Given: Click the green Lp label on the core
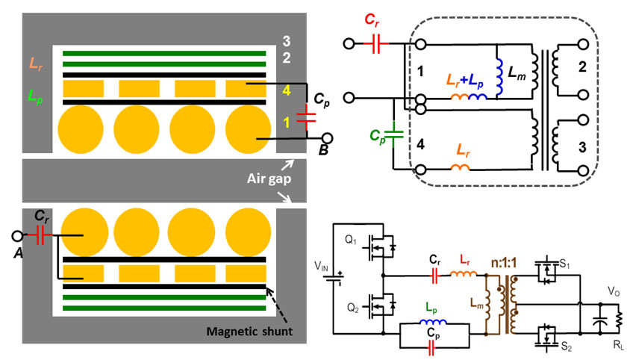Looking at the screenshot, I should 34,96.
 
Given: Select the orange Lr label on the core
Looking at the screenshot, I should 35,65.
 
